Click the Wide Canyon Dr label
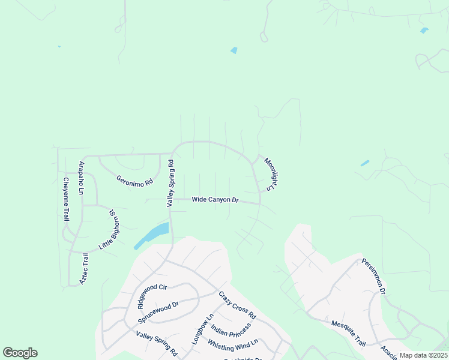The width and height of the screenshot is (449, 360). point(215,200)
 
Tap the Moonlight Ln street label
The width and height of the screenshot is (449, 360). point(270,175)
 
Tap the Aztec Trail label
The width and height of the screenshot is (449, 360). point(85,268)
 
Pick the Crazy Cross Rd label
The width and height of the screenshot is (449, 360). point(237,305)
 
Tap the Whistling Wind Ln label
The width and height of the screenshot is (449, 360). point(232,344)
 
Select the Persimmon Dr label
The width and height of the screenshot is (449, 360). point(373,276)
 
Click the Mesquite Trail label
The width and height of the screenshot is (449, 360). point(348,334)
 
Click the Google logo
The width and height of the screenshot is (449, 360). point(20,352)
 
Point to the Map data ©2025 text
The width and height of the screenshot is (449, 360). point(423,355)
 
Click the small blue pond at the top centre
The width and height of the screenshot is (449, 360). point(234,50)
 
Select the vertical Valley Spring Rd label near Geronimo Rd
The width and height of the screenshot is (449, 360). point(170,184)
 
